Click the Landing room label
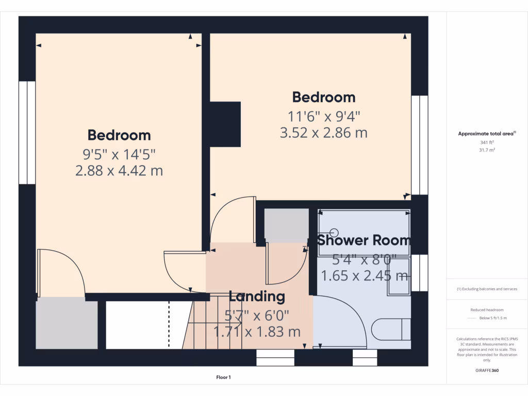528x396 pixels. click(x=257, y=296)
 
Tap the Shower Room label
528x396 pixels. click(x=364, y=240)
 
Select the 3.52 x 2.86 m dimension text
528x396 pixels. click(x=323, y=133)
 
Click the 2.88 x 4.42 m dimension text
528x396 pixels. click(x=119, y=171)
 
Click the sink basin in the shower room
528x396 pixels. click(x=398, y=276)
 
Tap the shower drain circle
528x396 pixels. click(x=333, y=233)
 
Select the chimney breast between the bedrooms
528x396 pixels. click(x=225, y=124)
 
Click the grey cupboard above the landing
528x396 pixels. click(x=286, y=225)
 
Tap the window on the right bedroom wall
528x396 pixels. click(x=420, y=144)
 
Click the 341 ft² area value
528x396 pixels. click(x=487, y=142)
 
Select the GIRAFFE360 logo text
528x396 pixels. click(x=487, y=370)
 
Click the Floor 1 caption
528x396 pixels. click(x=223, y=377)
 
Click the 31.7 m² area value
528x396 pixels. click(x=487, y=150)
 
